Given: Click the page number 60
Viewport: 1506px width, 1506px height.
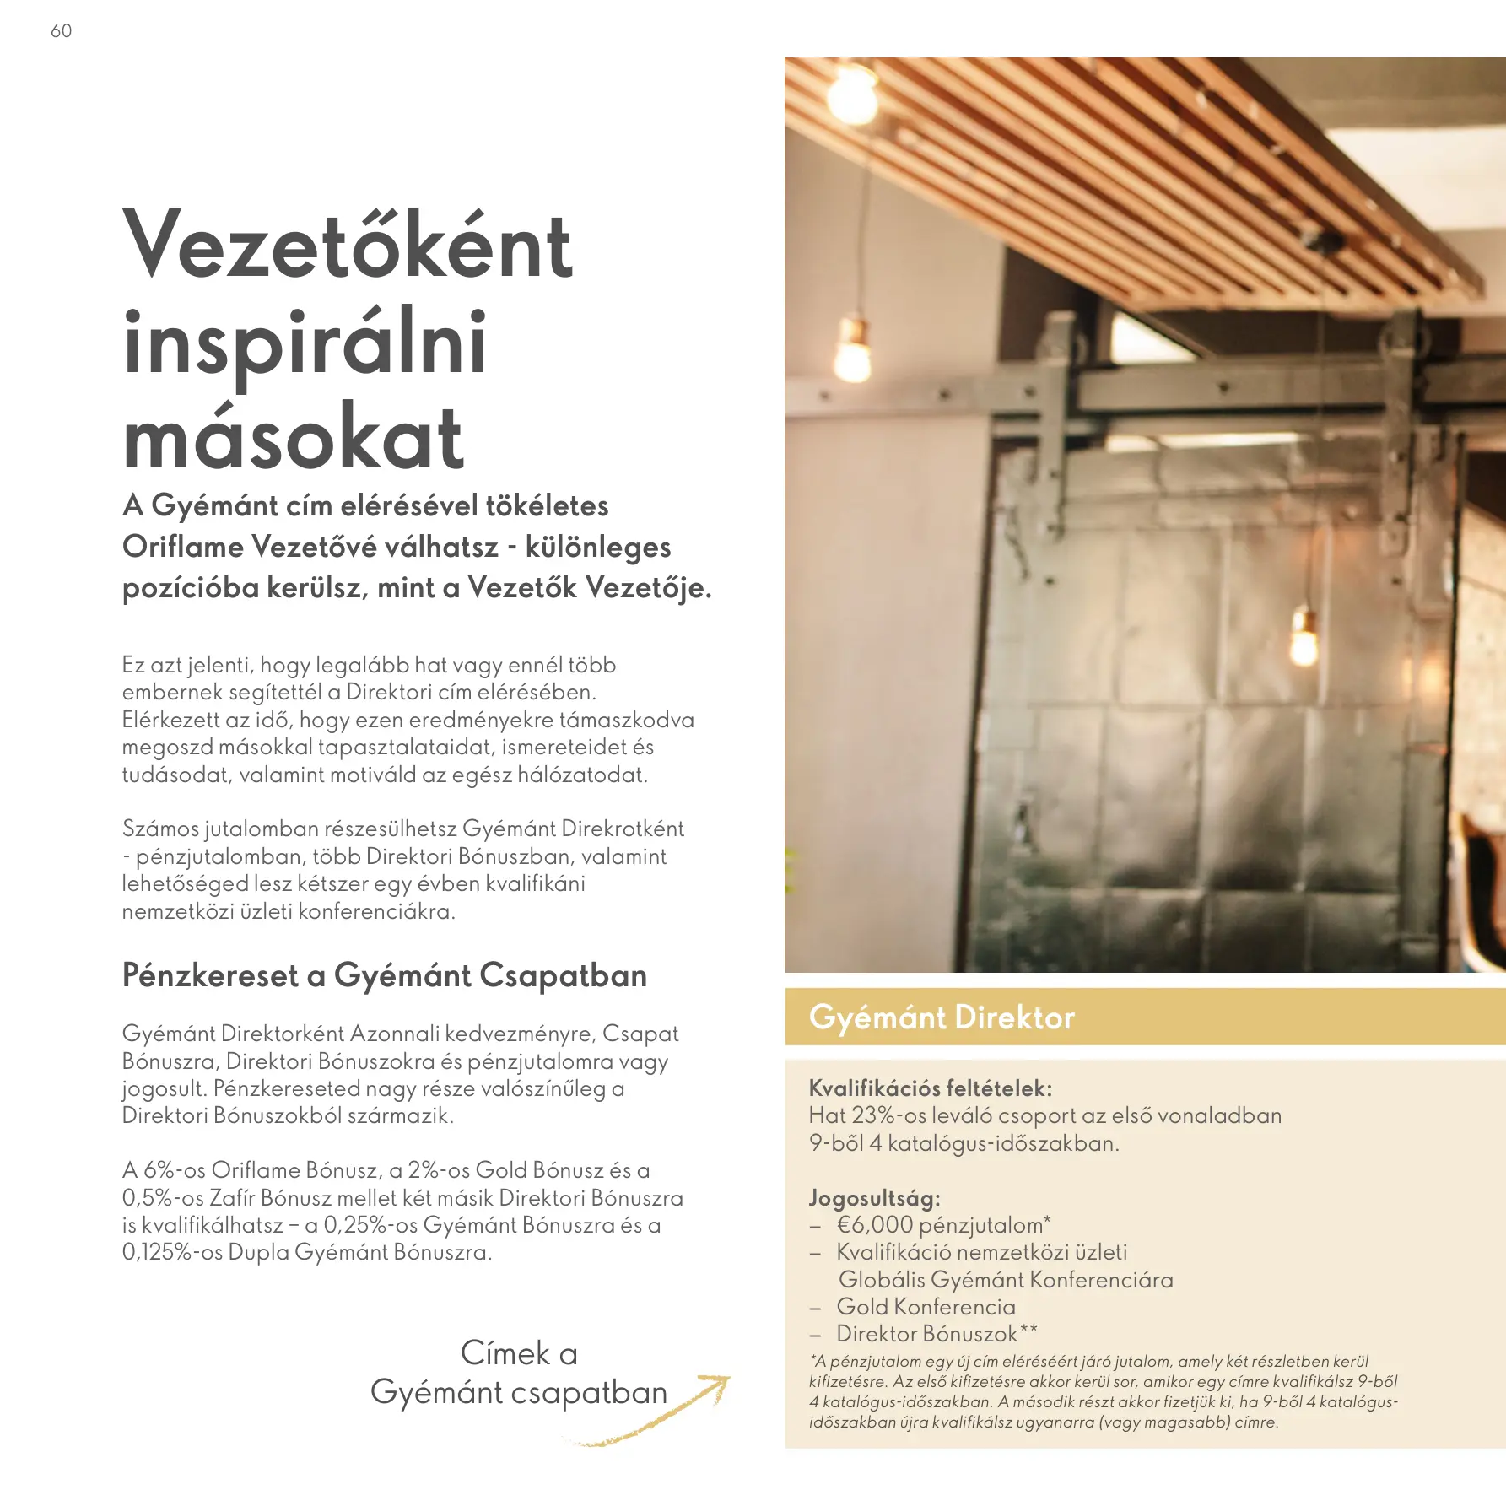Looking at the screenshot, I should (61, 31).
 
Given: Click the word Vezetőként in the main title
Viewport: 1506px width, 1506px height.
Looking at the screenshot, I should (348, 246).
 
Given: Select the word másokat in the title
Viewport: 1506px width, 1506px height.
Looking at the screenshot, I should (293, 440).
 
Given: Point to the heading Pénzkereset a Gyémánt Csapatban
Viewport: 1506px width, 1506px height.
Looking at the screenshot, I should (384, 975).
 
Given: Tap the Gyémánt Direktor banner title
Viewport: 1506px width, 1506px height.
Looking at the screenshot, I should (942, 1017).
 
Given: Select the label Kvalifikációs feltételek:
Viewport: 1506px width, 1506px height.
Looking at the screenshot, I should (930, 1088).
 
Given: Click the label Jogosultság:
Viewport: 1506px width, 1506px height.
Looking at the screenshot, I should (874, 1198).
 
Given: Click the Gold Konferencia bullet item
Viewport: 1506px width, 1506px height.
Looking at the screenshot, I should (926, 1307).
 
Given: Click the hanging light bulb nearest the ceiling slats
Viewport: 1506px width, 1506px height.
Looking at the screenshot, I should (851, 94).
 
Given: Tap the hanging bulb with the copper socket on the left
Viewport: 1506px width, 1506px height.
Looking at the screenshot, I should (852, 350).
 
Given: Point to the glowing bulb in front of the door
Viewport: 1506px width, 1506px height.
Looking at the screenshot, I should (1304, 639).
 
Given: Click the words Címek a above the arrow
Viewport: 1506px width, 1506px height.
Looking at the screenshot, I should (519, 1353).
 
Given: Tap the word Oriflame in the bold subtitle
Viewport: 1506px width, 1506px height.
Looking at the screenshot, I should (183, 547).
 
